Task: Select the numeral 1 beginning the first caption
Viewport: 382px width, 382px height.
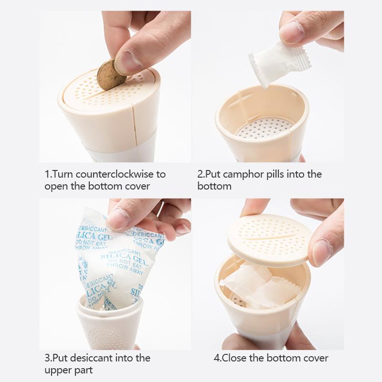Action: pos(47,174)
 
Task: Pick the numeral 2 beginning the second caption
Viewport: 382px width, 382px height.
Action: pos(200,174)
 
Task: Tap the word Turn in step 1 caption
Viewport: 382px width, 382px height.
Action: pos(64,174)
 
